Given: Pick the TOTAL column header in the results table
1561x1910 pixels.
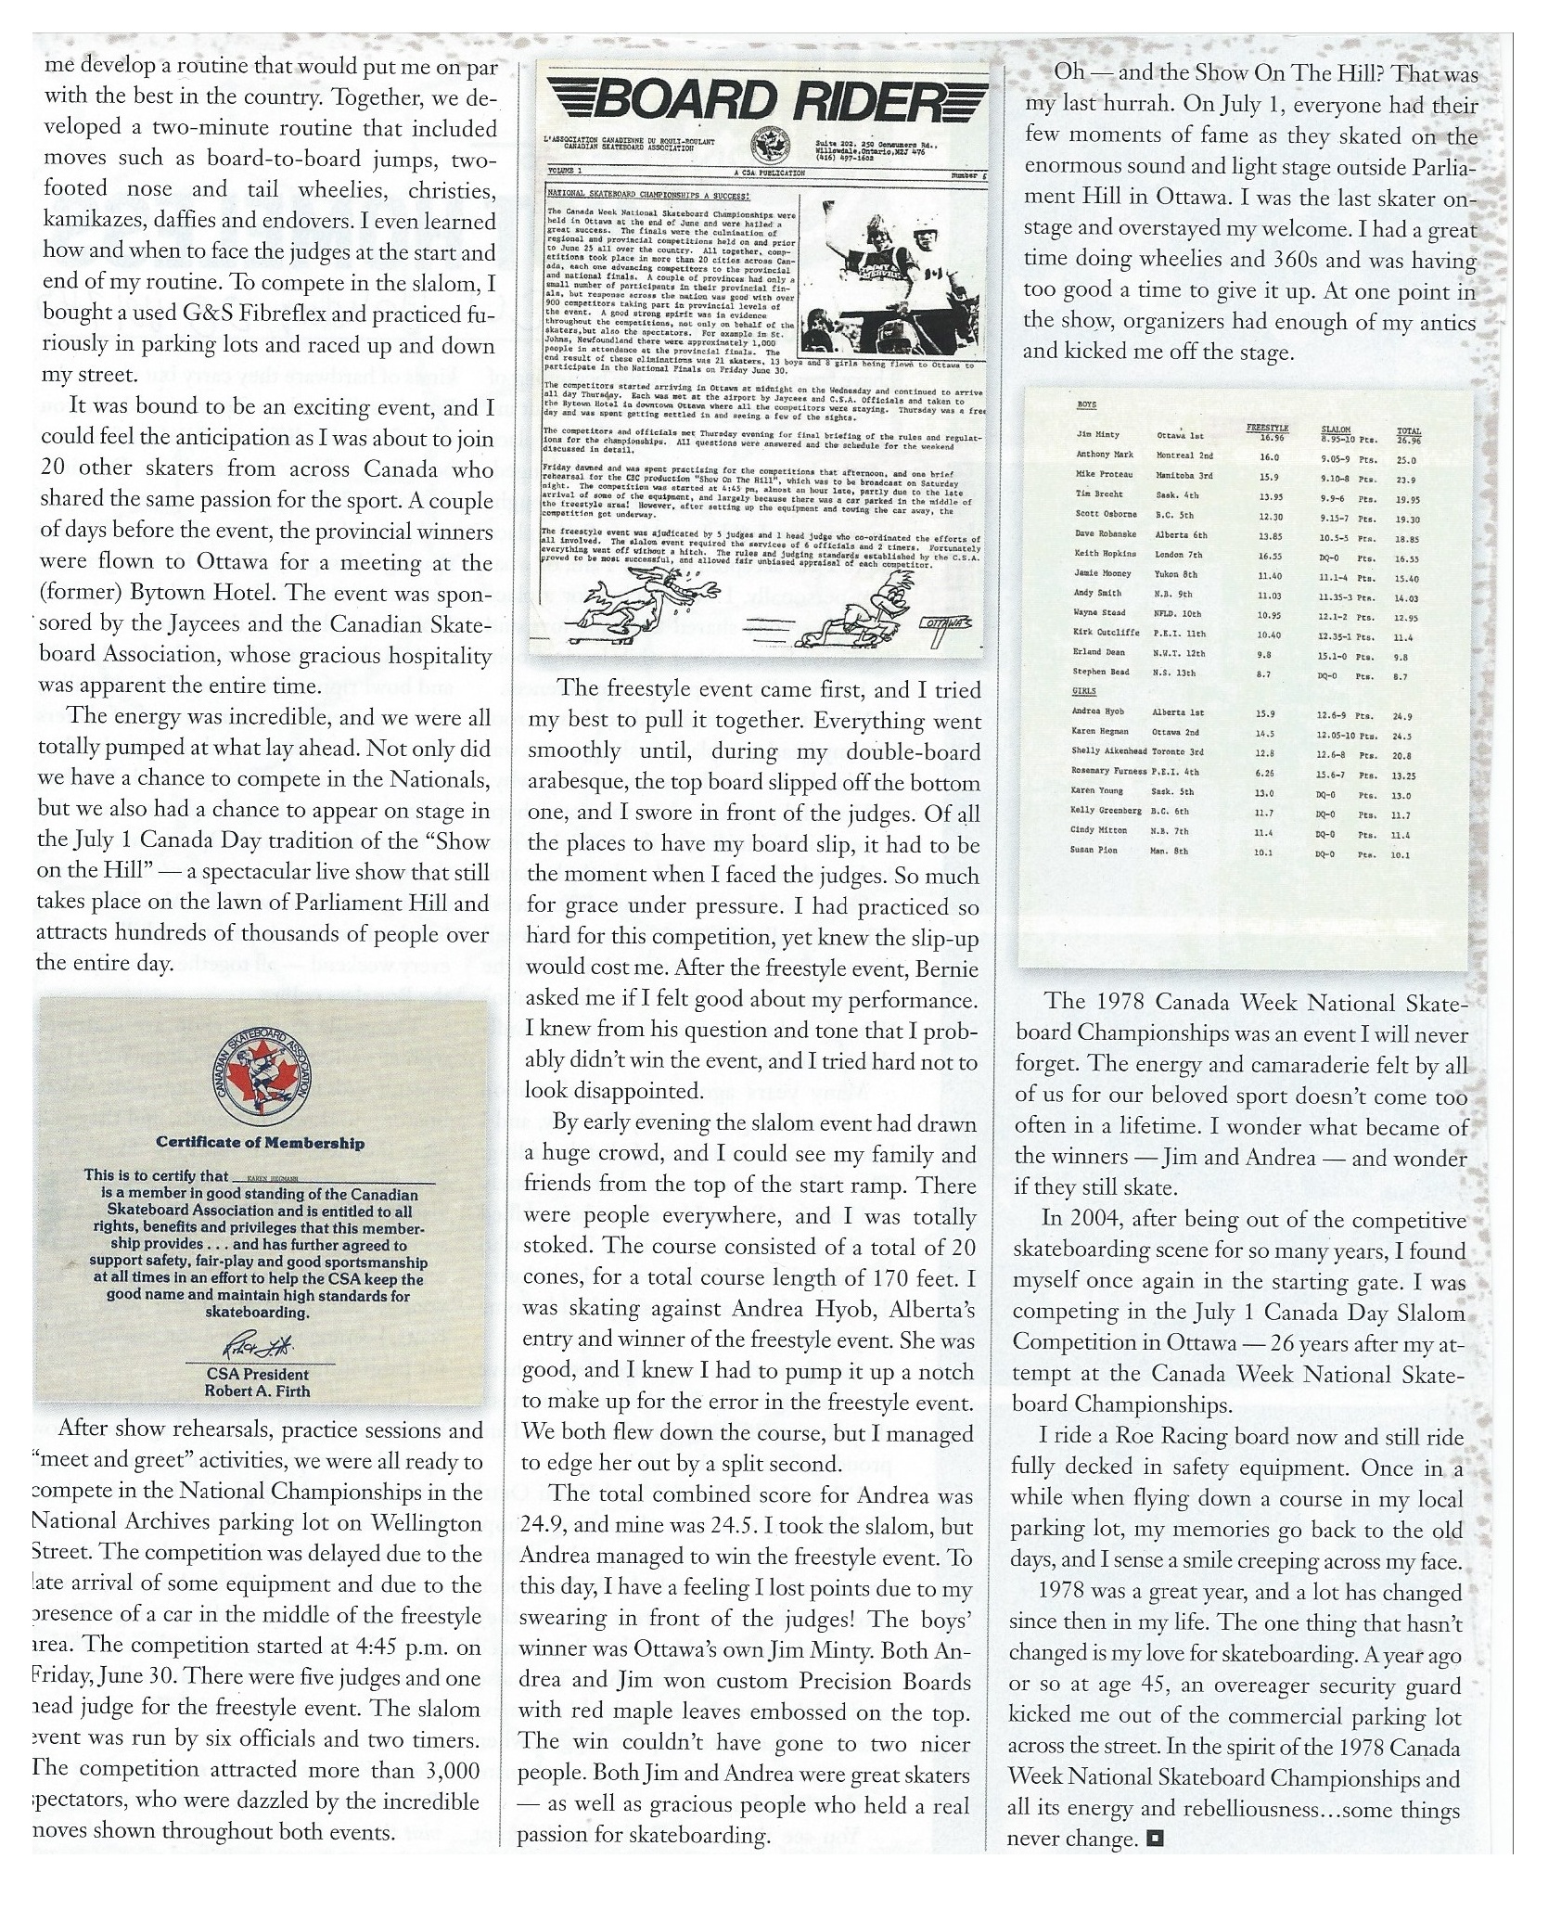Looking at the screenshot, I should click(1408, 429).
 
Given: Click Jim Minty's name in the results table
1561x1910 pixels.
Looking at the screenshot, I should click(1098, 435).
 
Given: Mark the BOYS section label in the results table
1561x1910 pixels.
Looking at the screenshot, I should click(1085, 406).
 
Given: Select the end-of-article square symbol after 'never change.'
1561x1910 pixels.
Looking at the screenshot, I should click(1155, 1837).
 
